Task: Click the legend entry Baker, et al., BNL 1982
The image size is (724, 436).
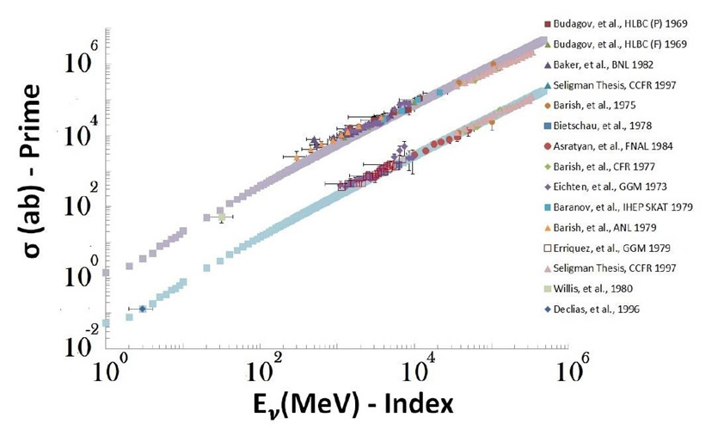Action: [598, 64]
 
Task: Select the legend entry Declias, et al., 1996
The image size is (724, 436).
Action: [592, 309]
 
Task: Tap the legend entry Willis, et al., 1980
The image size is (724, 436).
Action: [589, 289]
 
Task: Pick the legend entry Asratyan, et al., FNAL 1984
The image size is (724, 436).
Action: [609, 146]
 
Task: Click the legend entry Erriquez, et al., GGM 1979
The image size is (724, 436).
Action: [608, 248]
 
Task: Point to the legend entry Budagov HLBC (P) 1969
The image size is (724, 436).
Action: [616, 23]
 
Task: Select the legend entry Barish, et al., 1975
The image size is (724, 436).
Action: [590, 105]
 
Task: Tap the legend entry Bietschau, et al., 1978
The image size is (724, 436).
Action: [598, 126]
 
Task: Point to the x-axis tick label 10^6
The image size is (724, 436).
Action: [568, 369]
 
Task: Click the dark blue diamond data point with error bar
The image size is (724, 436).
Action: [142, 309]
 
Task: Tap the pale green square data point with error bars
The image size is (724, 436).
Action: [222, 217]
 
